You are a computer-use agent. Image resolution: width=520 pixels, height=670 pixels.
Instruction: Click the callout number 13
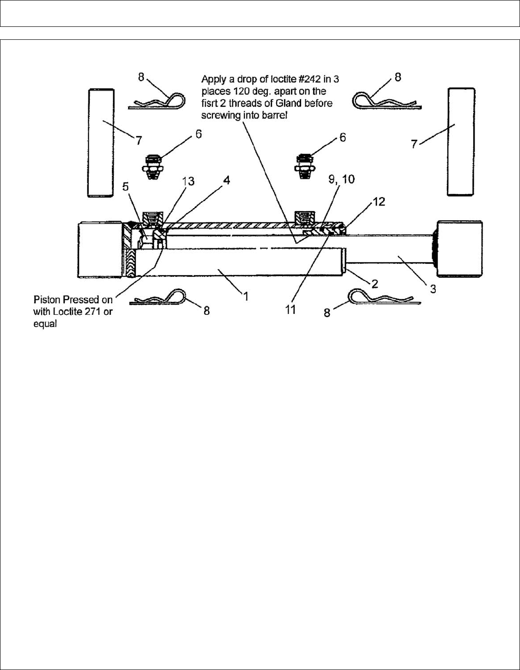click(x=188, y=182)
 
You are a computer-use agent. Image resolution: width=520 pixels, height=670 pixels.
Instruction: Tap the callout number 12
click(x=379, y=202)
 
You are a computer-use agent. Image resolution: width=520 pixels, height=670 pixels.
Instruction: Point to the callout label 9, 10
click(x=342, y=179)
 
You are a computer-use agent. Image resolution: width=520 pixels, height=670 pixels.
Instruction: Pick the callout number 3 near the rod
click(x=433, y=289)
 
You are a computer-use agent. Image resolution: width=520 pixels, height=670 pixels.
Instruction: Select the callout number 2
click(x=374, y=282)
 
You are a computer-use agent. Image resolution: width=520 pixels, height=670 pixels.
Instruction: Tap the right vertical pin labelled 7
click(x=461, y=141)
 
